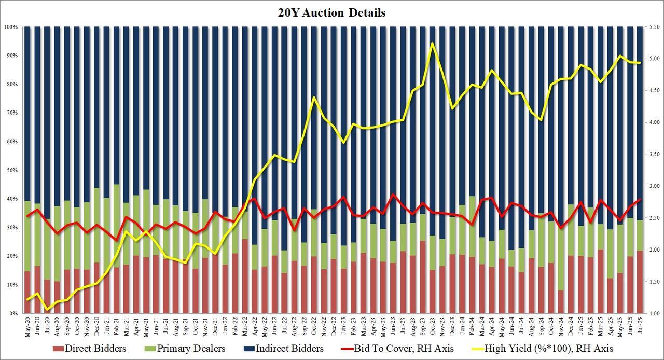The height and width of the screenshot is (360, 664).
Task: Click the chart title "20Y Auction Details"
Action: [332, 13]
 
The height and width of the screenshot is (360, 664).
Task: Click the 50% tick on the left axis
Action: [11, 170]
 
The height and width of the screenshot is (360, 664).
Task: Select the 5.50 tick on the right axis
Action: [651, 26]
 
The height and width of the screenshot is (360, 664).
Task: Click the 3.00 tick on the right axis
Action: [651, 186]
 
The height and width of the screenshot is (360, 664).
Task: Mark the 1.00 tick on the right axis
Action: [651, 314]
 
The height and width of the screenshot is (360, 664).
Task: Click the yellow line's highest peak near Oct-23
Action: [432, 43]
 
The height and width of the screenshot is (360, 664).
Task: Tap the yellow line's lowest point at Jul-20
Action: [48, 310]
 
